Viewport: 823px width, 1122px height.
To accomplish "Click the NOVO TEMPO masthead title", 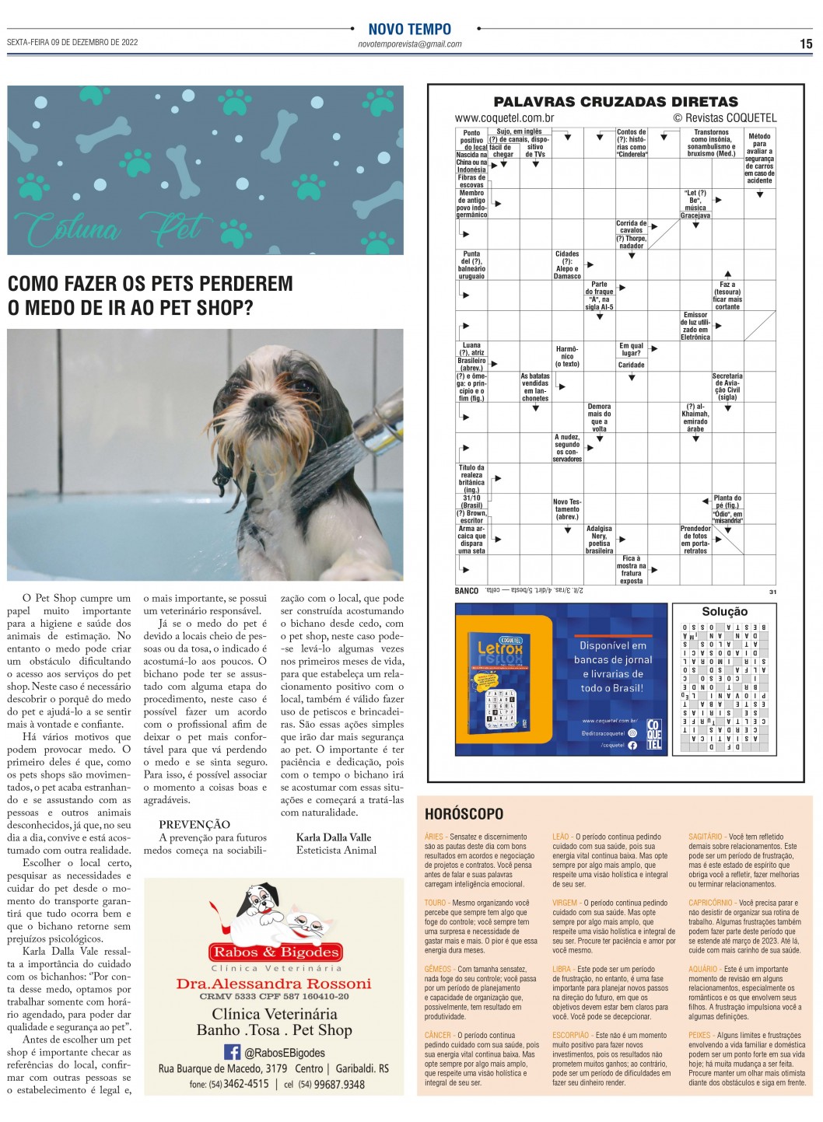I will tap(409, 30).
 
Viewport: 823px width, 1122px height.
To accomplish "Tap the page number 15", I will tap(806, 44).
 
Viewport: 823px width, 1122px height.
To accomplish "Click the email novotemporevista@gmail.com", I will tap(409, 44).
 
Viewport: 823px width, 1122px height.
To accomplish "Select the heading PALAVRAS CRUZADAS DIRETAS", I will tap(615, 102).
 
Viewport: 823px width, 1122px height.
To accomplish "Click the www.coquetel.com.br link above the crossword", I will tap(504, 118).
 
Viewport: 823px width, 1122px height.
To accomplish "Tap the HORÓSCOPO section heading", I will tap(464, 814).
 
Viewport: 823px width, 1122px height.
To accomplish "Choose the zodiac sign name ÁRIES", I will tap(434, 837).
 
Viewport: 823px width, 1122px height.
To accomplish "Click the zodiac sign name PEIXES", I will tap(700, 1036).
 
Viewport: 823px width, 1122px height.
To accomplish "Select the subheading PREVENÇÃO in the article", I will tap(194, 824).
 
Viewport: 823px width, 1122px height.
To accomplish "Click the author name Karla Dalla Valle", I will tap(334, 837).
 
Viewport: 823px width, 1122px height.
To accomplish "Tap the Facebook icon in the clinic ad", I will tap(232, 1052).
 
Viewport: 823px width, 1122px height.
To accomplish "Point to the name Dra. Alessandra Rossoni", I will tap(274, 984).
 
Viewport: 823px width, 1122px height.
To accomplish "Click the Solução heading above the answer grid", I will tap(724, 612).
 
